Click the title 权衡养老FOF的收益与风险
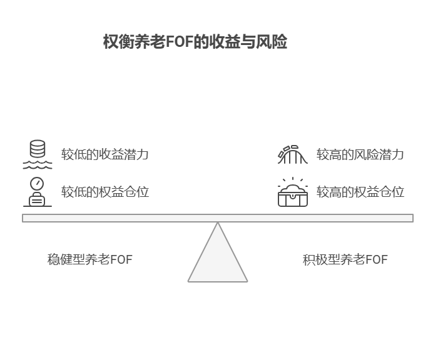tap(195, 42)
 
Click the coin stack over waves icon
tap(38, 154)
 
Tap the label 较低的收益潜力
tap(104, 154)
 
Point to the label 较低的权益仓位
tap(104, 192)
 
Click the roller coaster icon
tap(293, 154)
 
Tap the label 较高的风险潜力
tap(360, 154)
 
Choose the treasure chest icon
tap(293, 192)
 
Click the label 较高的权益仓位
tap(360, 192)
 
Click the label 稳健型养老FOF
tap(89, 259)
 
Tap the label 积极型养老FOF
tap(345, 259)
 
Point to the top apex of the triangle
tap(218, 224)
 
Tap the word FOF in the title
tap(180, 42)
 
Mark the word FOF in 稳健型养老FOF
tap(121, 259)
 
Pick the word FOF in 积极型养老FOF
tap(376, 259)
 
